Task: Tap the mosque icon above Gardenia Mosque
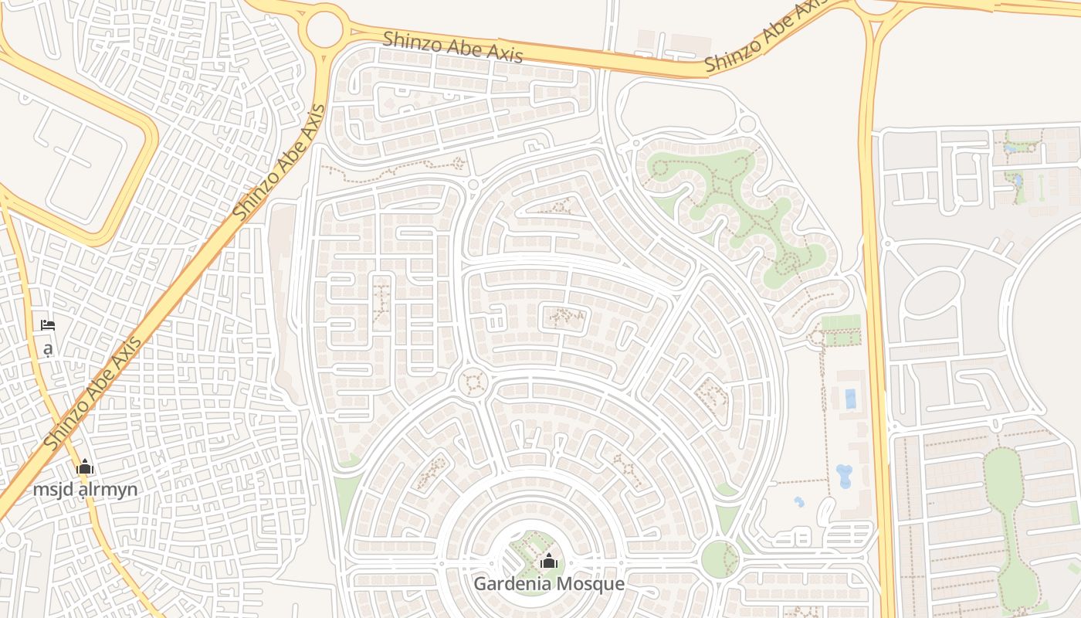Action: pos(549,561)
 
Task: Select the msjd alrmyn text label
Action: pos(85,489)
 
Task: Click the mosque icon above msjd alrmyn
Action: pos(85,467)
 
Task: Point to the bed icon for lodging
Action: pos(48,325)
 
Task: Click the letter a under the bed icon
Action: pos(48,348)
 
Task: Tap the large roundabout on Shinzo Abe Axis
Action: pos(324,29)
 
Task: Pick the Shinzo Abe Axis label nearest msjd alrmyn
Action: pos(93,394)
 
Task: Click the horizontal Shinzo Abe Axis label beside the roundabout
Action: pos(453,46)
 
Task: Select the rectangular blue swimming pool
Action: pos(850,399)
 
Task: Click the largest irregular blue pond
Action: pos(844,475)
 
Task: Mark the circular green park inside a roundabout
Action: pos(720,558)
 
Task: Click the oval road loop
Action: pos(932,291)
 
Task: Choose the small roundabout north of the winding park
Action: pos(747,124)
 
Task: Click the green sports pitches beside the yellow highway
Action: pos(841,330)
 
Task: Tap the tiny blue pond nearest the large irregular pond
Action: pos(798,502)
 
